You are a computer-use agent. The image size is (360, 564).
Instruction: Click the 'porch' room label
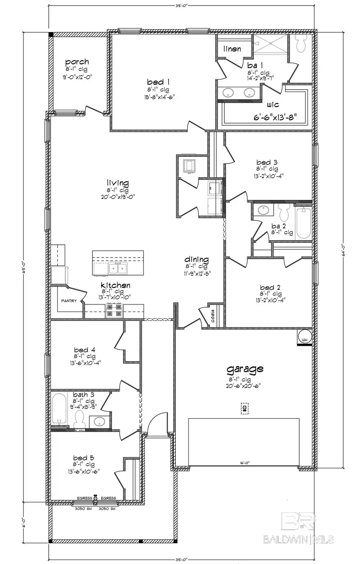77,62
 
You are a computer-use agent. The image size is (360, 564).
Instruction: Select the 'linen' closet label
232,49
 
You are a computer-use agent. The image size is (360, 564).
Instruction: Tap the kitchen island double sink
118,268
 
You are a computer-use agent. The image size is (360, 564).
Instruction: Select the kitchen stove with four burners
114,311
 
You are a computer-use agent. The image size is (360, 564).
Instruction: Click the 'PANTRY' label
69,301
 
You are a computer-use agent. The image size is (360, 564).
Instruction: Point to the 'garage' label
245,369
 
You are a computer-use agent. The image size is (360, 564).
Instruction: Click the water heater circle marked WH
304,337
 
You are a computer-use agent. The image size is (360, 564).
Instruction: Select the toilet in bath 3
79,420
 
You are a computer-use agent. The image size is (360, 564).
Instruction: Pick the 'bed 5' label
84,458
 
